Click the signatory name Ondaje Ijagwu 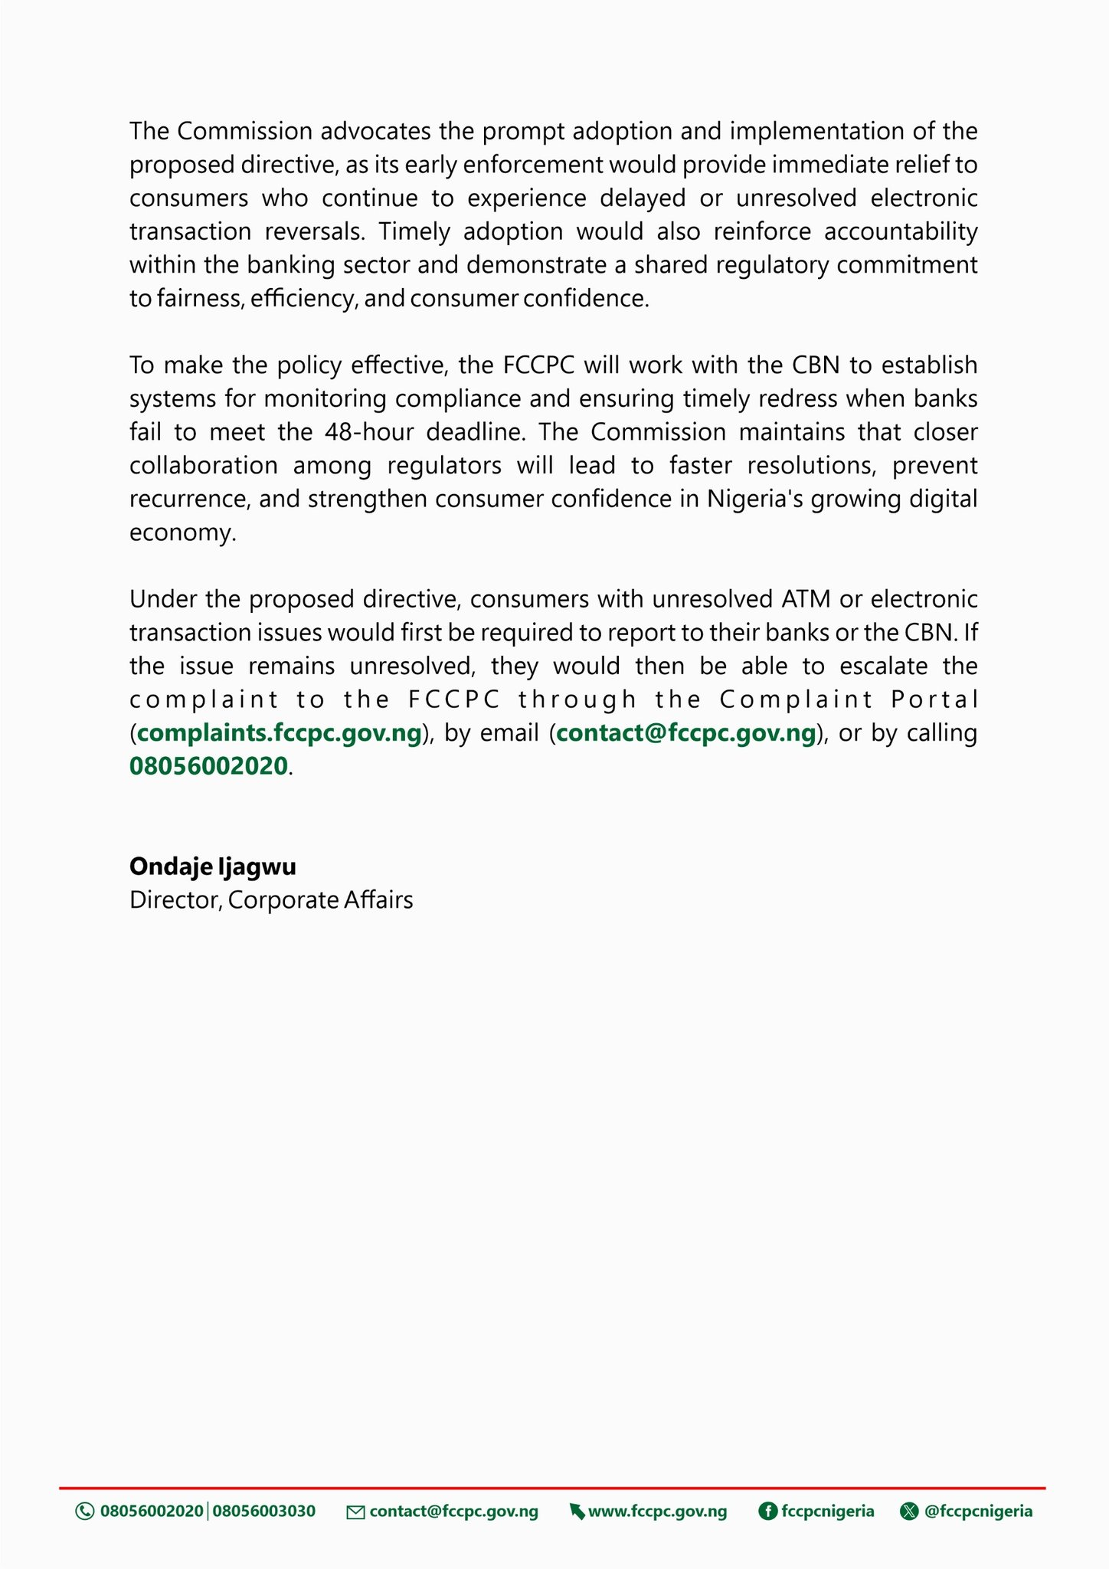pos(213,866)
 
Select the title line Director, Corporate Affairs pos(271,899)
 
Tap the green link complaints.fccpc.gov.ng pos(280,733)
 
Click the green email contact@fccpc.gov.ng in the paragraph pos(685,733)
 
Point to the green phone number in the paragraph pos(208,766)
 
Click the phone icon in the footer pos(84,1512)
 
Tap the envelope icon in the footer pos(355,1512)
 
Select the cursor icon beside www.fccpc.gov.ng pos(577,1512)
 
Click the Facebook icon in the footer pos(767,1512)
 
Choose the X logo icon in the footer pos(909,1512)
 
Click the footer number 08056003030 pos(263,1512)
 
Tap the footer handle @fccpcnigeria pos(979,1512)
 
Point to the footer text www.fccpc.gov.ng pos(657,1512)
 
